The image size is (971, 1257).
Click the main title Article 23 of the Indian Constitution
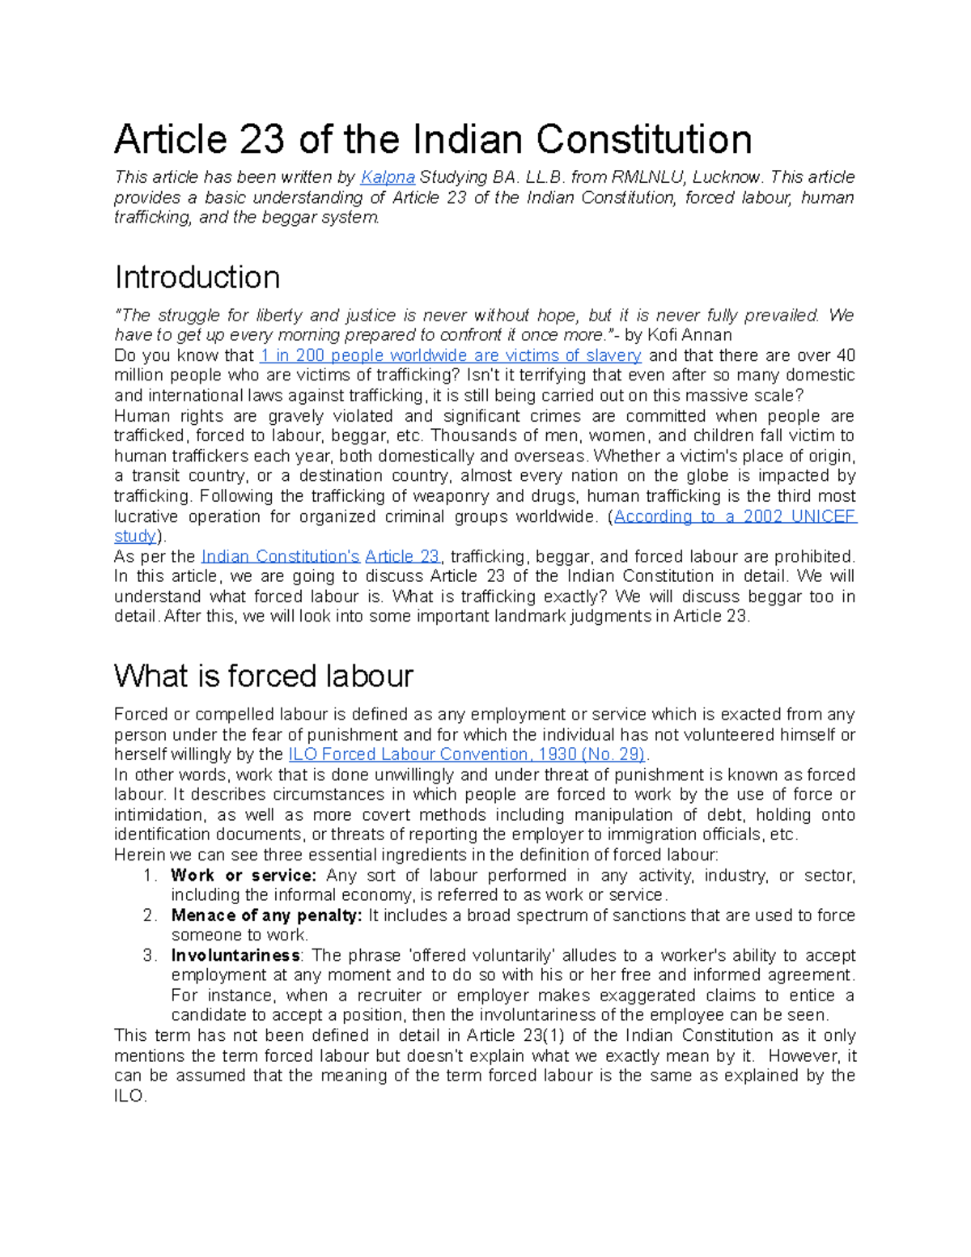coord(433,139)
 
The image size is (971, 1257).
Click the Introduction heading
coord(197,278)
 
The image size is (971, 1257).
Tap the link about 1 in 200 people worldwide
coord(450,355)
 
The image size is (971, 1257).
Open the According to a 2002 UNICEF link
coord(735,516)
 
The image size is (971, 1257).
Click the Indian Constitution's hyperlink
coord(280,557)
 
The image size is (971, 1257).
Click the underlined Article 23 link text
coord(402,557)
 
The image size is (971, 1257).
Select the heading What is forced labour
coord(264,676)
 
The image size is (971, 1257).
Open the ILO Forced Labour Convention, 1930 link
coord(466,754)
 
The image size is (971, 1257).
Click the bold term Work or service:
coord(243,876)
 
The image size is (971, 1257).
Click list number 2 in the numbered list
coord(149,915)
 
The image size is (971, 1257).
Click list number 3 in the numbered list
coord(149,956)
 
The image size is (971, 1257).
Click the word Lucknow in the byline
coord(732,177)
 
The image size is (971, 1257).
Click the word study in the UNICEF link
coord(135,537)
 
